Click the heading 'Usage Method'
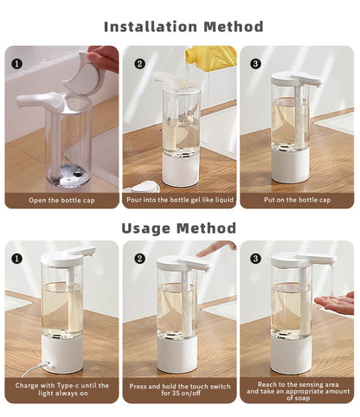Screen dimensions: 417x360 [180, 228]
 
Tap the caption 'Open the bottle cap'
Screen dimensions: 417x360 [61, 200]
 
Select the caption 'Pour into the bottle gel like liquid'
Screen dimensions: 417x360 [179, 200]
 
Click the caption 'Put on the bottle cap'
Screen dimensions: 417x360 [297, 200]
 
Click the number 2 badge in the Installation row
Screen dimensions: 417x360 [138, 62]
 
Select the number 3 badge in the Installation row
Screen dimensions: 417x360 [255, 62]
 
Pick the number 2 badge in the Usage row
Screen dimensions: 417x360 [138, 258]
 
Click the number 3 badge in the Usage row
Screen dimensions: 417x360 [255, 258]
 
